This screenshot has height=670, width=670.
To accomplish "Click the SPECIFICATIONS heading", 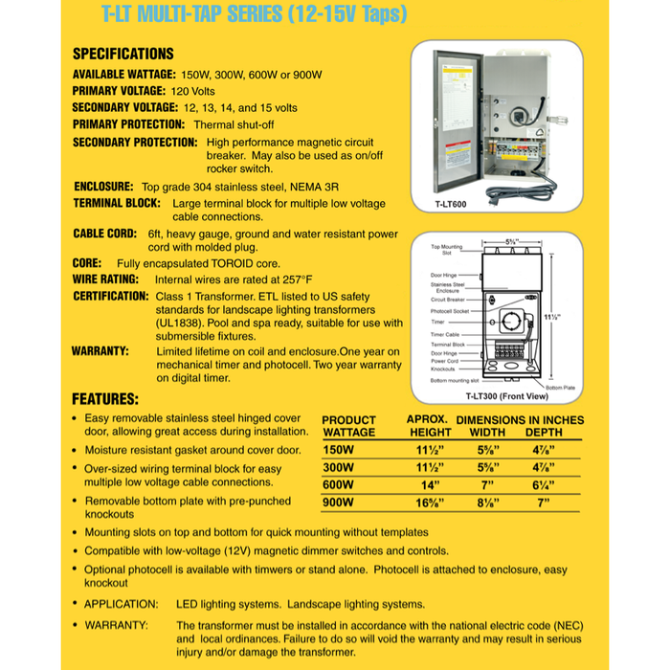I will pyautogui.click(x=123, y=54).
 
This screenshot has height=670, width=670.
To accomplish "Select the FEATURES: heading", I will pyautogui.click(x=105, y=398).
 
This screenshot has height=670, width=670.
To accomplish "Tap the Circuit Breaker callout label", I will pyautogui.click(x=447, y=300).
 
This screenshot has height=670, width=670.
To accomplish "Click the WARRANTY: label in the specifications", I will pyautogui.click(x=100, y=351).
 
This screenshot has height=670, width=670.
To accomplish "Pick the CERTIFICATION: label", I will pyautogui.click(x=110, y=297).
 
